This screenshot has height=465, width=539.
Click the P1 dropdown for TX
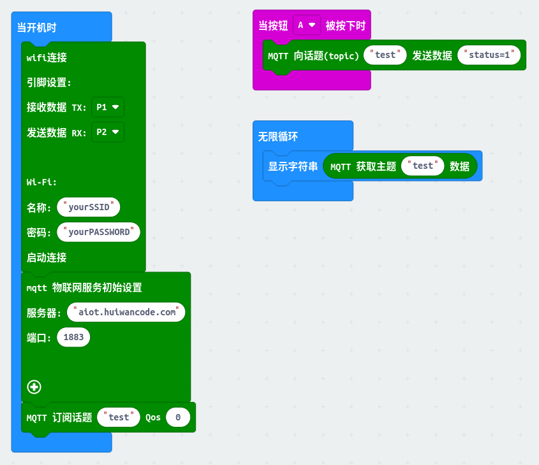pos(107,108)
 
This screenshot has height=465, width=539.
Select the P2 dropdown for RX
pos(107,132)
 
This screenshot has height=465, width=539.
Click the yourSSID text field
pos(89,207)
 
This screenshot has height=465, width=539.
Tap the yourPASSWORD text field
pos(99,232)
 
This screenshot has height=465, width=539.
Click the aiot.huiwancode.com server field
pos(126,312)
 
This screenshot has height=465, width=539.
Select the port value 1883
pos(73,337)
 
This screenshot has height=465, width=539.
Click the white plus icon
pos(34,386)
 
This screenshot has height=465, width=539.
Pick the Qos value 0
pos(178,417)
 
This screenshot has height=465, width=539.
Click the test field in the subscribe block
pos(119,417)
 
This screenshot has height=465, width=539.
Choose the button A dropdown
pos(306,25)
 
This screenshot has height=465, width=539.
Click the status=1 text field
pos(489,55)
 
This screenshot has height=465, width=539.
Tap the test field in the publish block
pos(385,55)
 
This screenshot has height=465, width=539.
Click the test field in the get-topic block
pos(422,166)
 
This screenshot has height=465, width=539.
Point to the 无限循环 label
pos(277,136)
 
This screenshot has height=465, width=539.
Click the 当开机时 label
pos(36,27)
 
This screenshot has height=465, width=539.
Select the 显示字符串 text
pos(293,166)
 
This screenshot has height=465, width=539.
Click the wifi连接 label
pos(47,57)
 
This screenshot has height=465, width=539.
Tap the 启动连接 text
pos(47,257)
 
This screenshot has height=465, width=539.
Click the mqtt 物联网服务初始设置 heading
pos(84,287)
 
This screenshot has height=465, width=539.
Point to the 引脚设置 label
pos(49,82)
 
